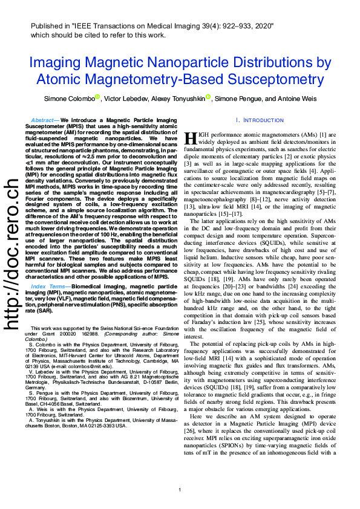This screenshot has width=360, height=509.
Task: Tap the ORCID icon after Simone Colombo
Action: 97,97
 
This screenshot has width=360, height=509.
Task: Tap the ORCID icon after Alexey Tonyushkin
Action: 208,97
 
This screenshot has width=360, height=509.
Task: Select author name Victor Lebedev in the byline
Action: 125,99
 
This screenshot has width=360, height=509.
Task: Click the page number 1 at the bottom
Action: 180,490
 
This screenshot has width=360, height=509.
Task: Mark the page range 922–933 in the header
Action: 226,26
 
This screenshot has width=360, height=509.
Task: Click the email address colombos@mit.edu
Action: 91,366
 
